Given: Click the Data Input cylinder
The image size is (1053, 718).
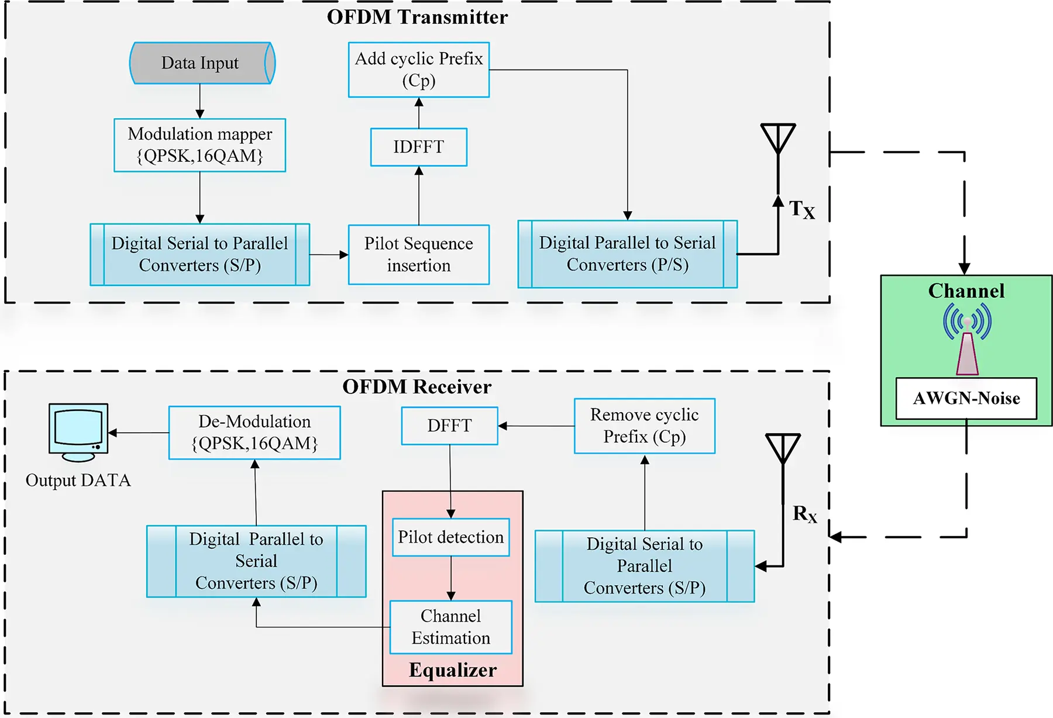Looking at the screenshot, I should click(200, 63).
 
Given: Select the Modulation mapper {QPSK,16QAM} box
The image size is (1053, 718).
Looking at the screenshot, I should click(199, 145).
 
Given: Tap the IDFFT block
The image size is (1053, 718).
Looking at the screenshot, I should click(419, 147).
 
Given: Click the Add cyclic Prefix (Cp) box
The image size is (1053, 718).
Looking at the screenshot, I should click(419, 69).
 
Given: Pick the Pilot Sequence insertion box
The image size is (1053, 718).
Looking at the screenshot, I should click(419, 254).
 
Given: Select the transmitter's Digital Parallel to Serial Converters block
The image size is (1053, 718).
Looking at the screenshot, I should click(627, 254).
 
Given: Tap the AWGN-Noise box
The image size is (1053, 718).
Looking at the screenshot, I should click(966, 398).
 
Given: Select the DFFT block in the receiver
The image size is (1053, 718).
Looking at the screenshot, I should click(449, 426).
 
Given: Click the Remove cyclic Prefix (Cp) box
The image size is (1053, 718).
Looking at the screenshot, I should click(644, 426).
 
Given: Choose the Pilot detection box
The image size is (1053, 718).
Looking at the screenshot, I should click(450, 537).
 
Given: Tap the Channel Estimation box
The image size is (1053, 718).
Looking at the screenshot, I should click(450, 627).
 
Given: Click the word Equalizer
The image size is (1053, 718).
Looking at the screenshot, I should click(453, 670).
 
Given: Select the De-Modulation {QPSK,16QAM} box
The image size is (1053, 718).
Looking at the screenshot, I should click(254, 433).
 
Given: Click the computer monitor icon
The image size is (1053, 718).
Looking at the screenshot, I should click(78, 430).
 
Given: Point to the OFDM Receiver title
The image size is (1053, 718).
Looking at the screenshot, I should click(417, 386).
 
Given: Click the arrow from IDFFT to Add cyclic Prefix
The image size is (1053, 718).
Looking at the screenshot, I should click(419, 113).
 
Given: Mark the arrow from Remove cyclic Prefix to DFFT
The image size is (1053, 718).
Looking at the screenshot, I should click(536, 426).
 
